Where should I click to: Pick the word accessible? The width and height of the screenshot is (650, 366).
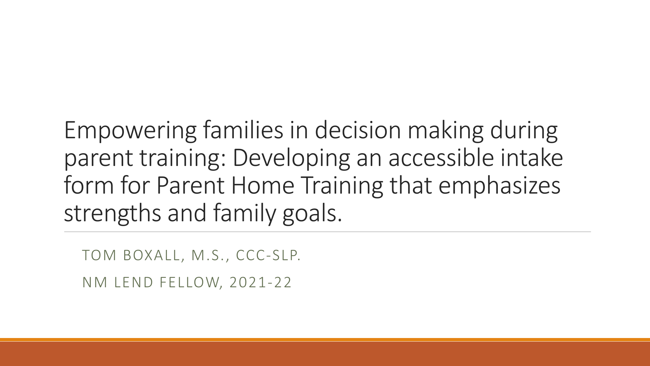click(441, 157)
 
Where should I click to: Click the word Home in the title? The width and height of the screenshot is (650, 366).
click(263, 185)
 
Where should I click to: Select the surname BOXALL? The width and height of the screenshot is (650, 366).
click(152, 256)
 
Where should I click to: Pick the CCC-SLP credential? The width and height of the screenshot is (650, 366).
click(269, 255)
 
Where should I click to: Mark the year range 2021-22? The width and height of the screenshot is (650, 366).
click(260, 282)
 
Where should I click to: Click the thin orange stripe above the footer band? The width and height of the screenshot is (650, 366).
click(325, 340)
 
